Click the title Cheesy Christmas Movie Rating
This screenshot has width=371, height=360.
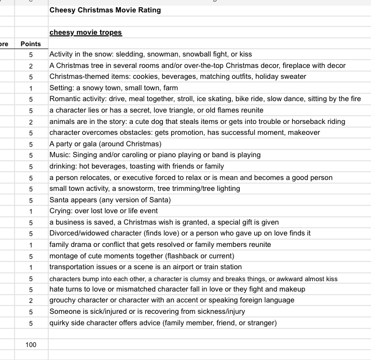click(x=105, y=10)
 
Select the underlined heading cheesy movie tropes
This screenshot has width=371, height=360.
click(x=86, y=32)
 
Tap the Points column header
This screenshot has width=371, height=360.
click(x=31, y=44)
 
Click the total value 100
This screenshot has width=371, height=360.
click(x=31, y=344)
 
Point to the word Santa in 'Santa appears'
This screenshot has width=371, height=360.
click(x=60, y=200)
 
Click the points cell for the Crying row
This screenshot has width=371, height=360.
click(x=31, y=211)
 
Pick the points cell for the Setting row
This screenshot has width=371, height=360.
click(x=31, y=88)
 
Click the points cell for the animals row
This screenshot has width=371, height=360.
click(x=31, y=122)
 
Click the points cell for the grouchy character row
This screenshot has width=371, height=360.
click(x=31, y=300)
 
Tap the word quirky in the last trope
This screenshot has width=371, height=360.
click(x=59, y=323)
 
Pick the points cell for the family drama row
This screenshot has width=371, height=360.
click(x=31, y=245)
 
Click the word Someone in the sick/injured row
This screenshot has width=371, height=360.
click(x=65, y=312)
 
